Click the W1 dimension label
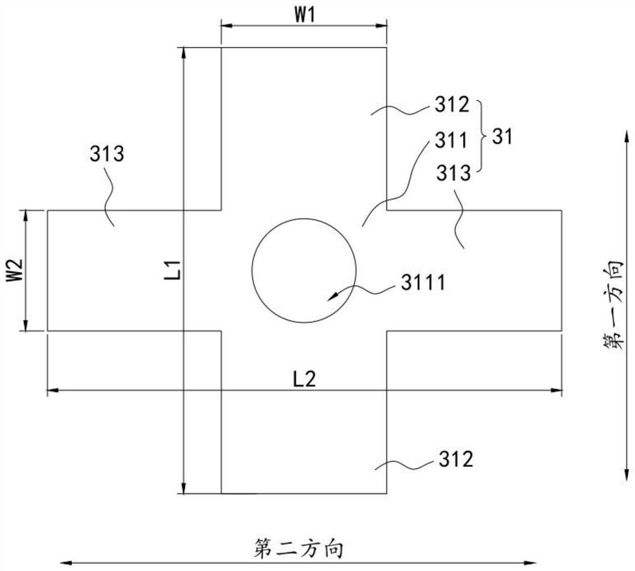[304, 15]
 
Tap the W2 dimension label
[13, 270]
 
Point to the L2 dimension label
[304, 379]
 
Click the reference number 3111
[423, 282]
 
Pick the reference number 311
[451, 140]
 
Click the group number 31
[502, 137]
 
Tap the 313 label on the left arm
[107, 154]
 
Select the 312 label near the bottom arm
[456, 459]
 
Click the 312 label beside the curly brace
[452, 105]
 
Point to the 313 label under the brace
[453, 173]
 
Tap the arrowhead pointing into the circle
[331, 297]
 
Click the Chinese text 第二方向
[298, 548]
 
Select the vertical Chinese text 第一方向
[612, 305]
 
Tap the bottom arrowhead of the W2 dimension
[26, 325]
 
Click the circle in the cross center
[252, 270]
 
